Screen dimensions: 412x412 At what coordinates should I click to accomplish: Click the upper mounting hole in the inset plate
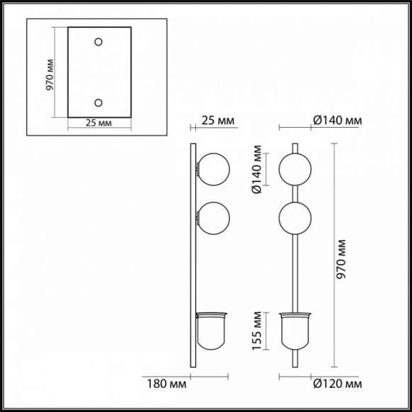click(99, 41)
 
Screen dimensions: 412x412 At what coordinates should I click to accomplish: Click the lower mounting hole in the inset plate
click(99, 102)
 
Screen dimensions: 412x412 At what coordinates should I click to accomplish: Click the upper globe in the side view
click(213, 171)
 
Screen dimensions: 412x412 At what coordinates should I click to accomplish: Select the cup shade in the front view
click(295, 332)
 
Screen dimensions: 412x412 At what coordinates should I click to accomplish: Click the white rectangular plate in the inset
click(99, 72)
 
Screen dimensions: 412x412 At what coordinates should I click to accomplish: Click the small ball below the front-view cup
click(295, 357)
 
